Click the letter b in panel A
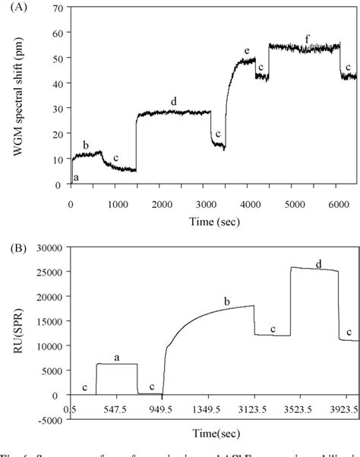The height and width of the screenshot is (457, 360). (x=86, y=144)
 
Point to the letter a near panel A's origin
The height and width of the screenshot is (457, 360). (x=75, y=178)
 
